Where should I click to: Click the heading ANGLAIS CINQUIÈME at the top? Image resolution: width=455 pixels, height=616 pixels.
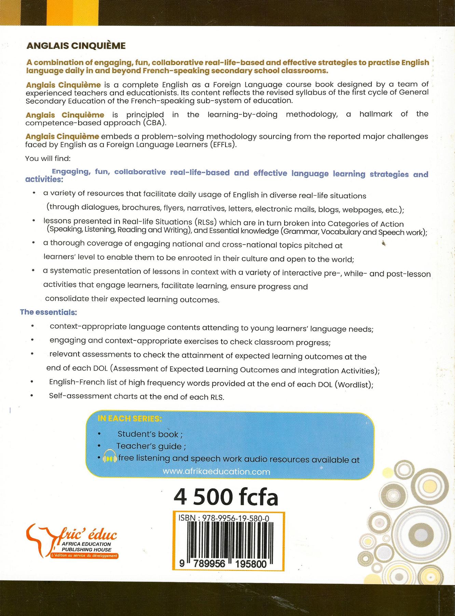(x=76, y=46)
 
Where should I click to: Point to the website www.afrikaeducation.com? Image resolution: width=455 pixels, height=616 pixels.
(x=217, y=472)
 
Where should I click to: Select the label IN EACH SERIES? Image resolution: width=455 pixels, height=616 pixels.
(x=130, y=419)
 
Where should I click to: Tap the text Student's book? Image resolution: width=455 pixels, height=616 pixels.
(x=148, y=434)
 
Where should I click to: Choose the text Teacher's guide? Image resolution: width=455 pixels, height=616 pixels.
(x=149, y=446)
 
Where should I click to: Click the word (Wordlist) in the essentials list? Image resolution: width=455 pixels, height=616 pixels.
(x=353, y=385)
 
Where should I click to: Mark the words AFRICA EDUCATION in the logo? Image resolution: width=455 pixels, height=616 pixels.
(x=86, y=544)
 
